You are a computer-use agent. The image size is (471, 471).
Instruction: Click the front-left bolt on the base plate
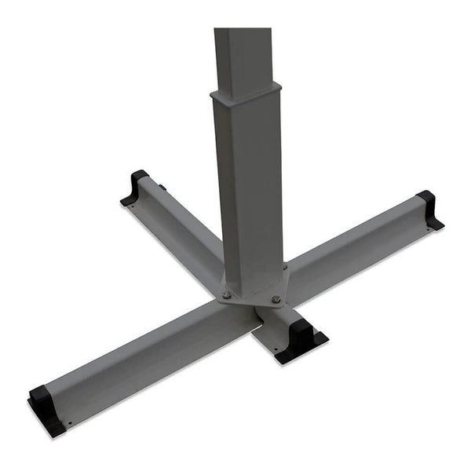click(227, 295)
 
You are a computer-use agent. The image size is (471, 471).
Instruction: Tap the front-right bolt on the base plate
click(276, 299)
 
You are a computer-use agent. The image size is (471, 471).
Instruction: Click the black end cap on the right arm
click(429, 210)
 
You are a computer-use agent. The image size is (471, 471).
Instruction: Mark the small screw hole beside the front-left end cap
click(70, 424)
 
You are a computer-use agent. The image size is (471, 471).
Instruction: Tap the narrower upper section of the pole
click(243, 55)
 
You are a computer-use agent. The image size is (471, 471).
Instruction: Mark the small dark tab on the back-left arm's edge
click(163, 187)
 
